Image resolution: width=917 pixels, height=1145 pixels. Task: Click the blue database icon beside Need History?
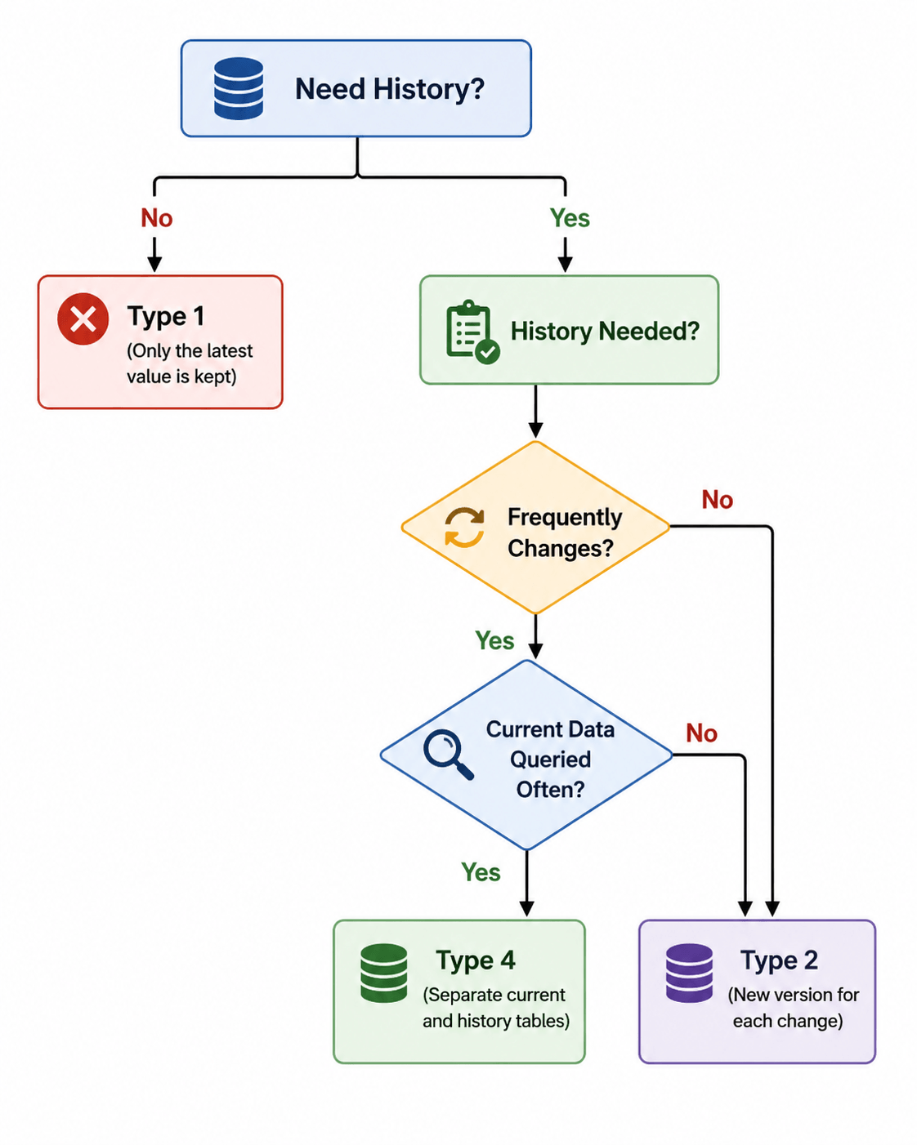(238, 88)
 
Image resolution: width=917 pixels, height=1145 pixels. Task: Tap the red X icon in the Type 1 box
(83, 319)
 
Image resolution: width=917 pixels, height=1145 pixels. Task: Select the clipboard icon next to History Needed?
(472, 332)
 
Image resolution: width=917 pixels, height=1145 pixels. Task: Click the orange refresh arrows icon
(465, 528)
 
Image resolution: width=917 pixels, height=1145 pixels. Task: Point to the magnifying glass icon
(448, 755)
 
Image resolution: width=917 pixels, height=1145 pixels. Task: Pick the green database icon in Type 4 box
(383, 973)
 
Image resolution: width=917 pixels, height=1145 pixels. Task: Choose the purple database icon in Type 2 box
(689, 973)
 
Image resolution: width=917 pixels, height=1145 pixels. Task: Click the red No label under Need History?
(157, 218)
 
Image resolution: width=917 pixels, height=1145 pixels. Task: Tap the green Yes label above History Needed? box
(570, 218)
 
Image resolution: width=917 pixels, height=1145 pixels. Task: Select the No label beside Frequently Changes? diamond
(718, 500)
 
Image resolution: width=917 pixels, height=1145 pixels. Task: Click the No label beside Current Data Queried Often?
(701, 733)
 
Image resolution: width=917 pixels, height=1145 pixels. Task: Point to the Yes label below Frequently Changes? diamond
(494, 640)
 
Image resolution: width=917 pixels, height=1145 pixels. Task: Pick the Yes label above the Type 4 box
(481, 872)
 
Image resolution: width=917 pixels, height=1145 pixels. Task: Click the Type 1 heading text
(166, 317)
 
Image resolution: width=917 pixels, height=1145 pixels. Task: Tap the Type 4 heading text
(476, 960)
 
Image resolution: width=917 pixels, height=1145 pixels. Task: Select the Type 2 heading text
(779, 960)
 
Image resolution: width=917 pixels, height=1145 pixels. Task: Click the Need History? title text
(390, 89)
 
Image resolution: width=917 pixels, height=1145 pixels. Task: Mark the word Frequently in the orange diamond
(565, 518)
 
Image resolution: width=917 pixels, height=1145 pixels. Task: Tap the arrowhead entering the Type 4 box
(526, 909)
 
